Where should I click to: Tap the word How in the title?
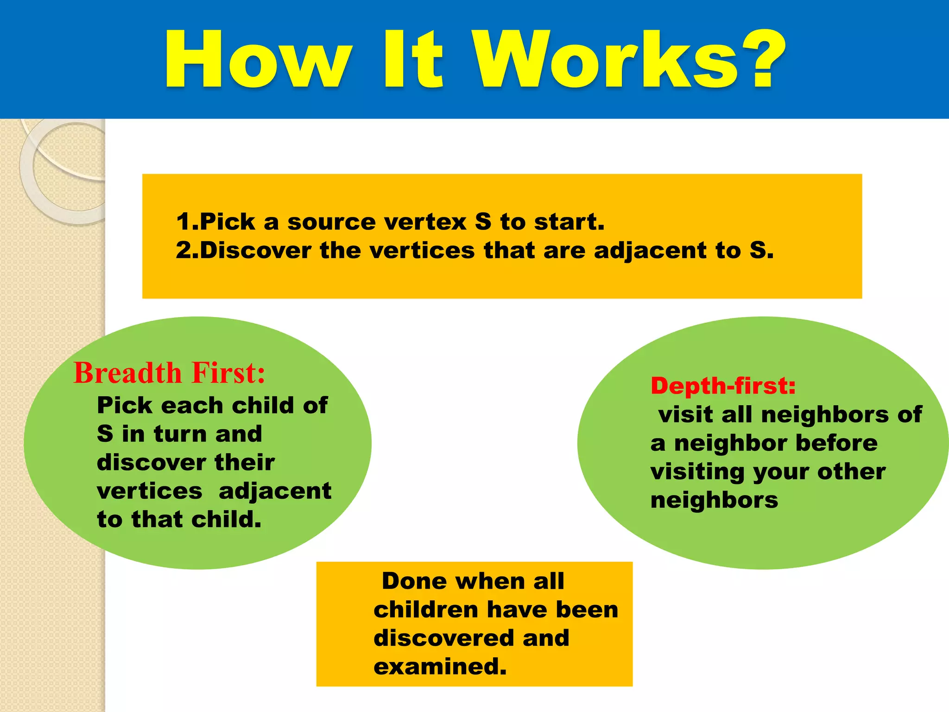pos(257,59)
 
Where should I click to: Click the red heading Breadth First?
pos(170,373)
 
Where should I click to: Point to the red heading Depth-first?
pos(723,386)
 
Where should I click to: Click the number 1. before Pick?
pos(187,222)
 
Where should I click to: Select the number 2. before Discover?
pos(187,251)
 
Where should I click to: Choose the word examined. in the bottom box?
pos(440,667)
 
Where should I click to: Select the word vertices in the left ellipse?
pos(149,491)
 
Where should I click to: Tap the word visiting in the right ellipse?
pos(697,472)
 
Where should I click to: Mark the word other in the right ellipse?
pos(852,472)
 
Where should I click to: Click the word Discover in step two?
pos(255,251)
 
